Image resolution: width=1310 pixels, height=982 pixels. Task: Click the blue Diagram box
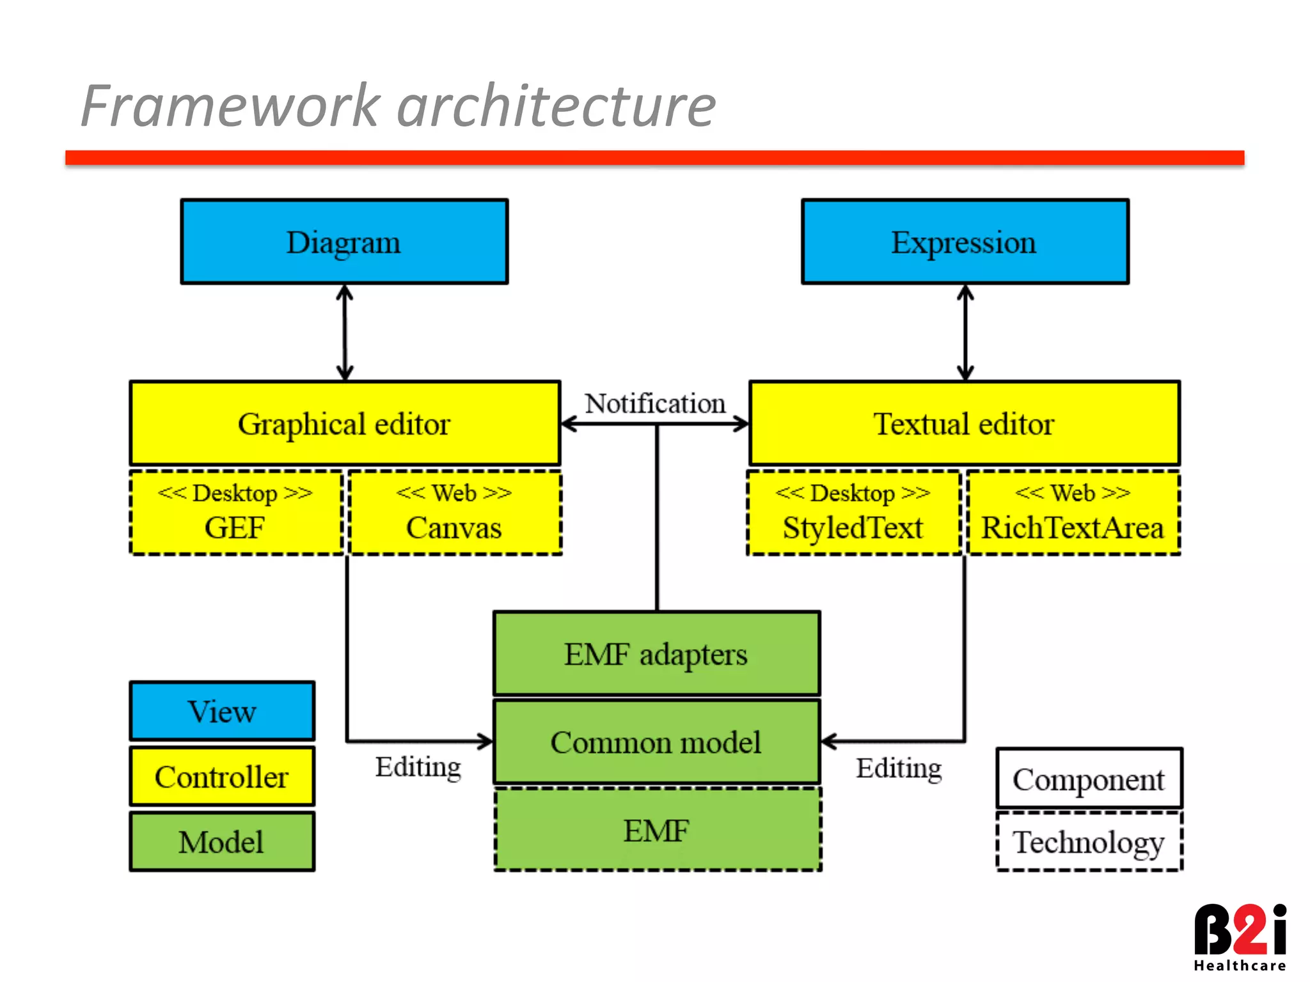(x=344, y=242)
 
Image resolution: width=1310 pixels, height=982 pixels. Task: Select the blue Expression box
(x=965, y=242)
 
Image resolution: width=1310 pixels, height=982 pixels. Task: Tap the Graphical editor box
(x=344, y=423)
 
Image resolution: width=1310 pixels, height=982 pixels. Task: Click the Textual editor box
(x=964, y=423)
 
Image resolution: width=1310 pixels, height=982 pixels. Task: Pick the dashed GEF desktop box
(x=235, y=513)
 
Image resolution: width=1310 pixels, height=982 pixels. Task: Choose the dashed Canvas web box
(x=455, y=513)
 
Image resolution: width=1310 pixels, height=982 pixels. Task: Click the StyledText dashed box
(x=853, y=513)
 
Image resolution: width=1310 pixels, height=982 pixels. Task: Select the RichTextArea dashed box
(x=1073, y=513)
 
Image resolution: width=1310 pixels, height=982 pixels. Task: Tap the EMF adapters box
(x=656, y=653)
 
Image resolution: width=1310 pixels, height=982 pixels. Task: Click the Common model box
(x=656, y=742)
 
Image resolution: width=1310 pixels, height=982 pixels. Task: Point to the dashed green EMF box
(x=657, y=830)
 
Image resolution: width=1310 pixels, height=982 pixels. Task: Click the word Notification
(x=655, y=403)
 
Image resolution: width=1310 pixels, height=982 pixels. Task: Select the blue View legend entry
(x=222, y=711)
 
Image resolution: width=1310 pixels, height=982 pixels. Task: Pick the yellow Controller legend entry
(x=222, y=776)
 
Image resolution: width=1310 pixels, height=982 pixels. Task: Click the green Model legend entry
(x=222, y=841)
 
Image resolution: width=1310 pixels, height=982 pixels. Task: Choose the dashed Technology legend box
(x=1089, y=841)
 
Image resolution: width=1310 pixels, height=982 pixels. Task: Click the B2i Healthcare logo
(x=1240, y=937)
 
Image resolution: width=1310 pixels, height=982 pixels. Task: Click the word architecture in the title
(x=555, y=105)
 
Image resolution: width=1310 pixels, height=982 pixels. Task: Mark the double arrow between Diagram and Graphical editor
(x=345, y=332)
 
